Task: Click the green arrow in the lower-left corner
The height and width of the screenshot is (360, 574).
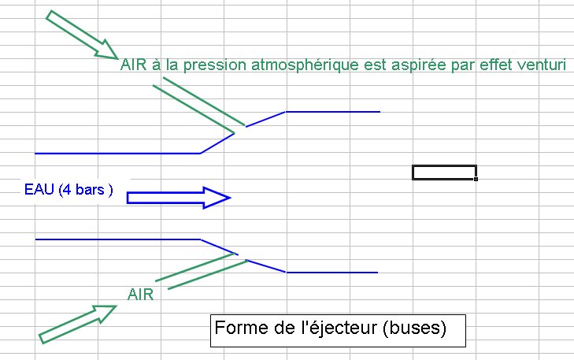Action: pyautogui.click(x=78, y=323)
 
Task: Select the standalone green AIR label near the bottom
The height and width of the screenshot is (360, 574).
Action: pyautogui.click(x=140, y=295)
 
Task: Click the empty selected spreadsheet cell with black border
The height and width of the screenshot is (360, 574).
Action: pyautogui.click(x=444, y=173)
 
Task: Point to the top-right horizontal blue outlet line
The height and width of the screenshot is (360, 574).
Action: pyautogui.click(x=333, y=112)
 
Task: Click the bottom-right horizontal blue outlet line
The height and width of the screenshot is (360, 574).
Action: pyautogui.click(x=331, y=273)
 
